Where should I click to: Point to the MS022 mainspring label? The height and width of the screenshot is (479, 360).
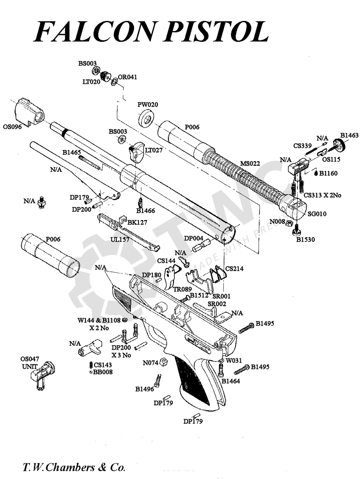[x=250, y=164]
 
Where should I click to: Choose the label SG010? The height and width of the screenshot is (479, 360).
[x=317, y=214]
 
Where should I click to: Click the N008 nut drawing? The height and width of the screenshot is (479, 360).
[x=289, y=223]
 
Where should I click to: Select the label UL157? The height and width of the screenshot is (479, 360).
[x=120, y=239]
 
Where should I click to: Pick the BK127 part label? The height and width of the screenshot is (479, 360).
[x=137, y=222]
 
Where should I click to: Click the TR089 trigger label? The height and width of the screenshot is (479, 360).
[x=182, y=289]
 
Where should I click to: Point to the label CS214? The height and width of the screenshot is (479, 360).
[x=234, y=269]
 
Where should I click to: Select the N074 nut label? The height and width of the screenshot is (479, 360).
[x=150, y=363]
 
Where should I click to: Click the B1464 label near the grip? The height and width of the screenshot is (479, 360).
[x=231, y=381]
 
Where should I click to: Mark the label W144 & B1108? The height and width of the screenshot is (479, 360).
[x=99, y=320]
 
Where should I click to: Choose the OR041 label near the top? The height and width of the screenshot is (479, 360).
[x=128, y=77]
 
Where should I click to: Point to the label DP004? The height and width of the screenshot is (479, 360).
[x=193, y=238]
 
